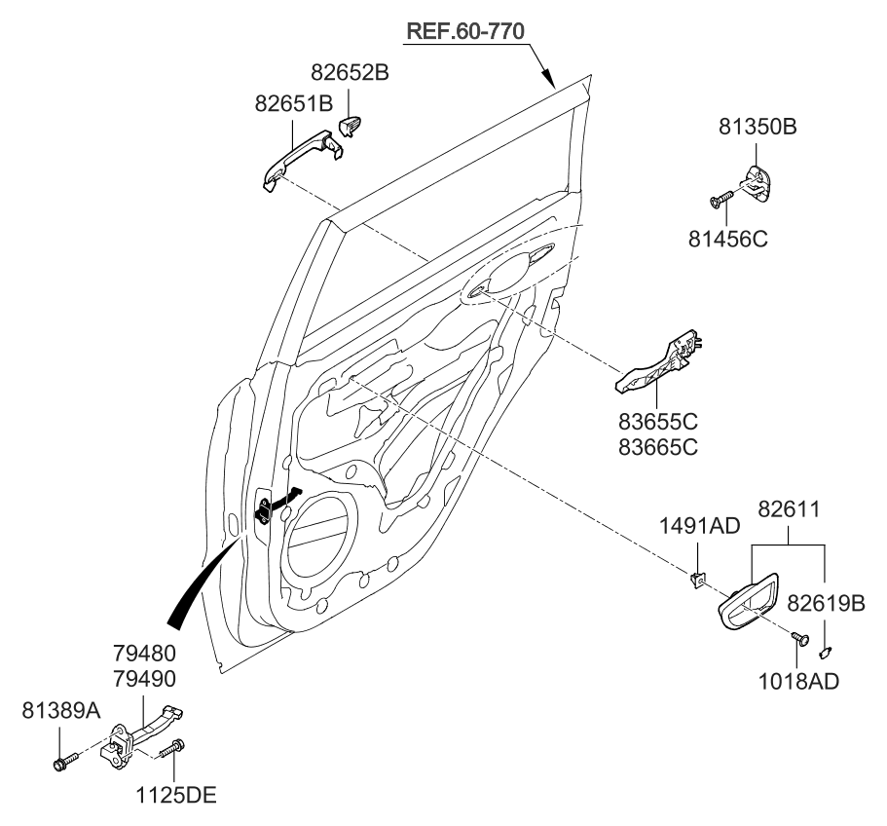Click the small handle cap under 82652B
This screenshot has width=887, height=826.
click(351, 127)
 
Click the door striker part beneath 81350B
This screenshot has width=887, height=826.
click(759, 182)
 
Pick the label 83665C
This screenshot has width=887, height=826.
click(660, 448)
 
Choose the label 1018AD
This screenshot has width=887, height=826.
click(797, 681)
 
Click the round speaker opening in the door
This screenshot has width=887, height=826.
click(321, 536)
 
